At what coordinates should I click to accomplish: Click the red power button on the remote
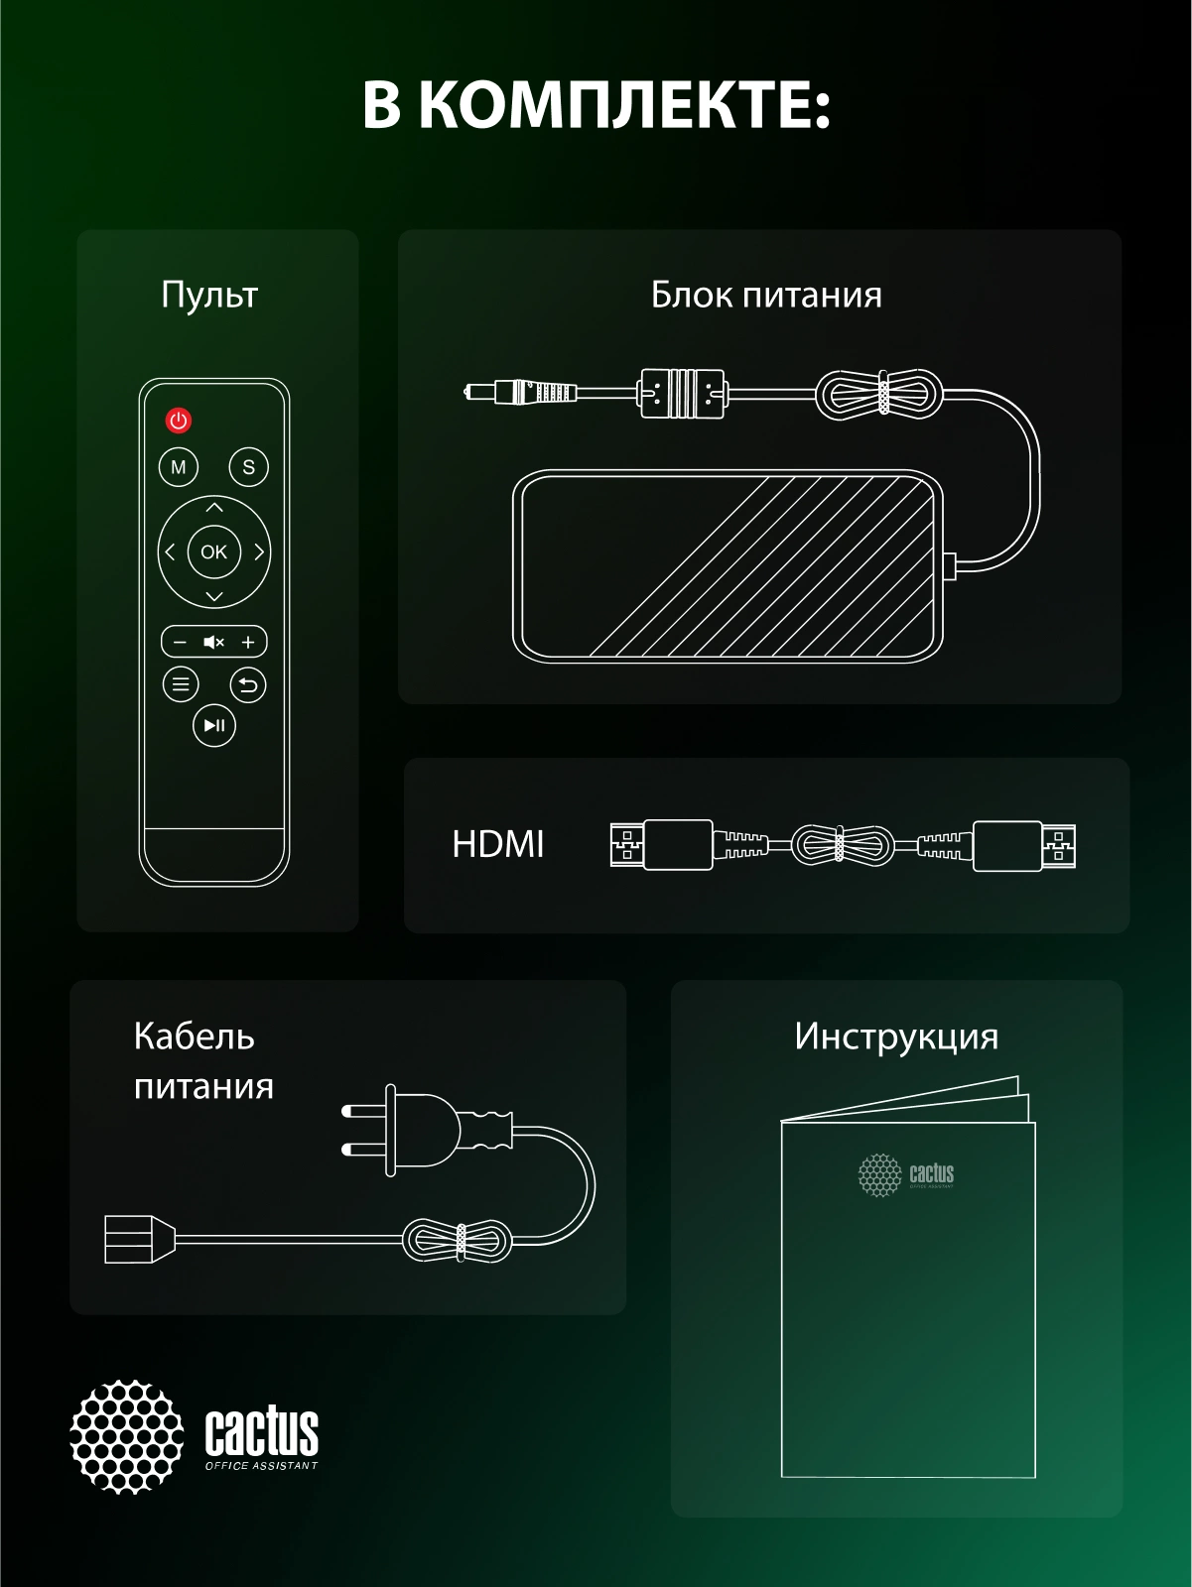click(179, 421)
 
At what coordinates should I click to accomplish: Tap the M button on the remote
click(179, 467)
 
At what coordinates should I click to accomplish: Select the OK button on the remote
click(214, 552)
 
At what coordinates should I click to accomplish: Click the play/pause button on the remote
click(214, 725)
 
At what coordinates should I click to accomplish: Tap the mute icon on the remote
click(214, 643)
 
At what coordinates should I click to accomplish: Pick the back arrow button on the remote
click(248, 684)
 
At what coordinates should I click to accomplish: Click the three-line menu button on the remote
click(181, 684)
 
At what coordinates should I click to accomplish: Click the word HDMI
click(497, 845)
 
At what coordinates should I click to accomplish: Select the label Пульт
click(209, 296)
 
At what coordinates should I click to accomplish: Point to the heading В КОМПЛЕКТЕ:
click(596, 105)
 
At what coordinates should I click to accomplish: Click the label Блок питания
click(766, 296)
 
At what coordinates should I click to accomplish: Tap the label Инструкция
click(896, 1038)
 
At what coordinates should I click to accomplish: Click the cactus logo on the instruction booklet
click(905, 1175)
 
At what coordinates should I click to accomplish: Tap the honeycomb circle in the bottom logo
click(126, 1436)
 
